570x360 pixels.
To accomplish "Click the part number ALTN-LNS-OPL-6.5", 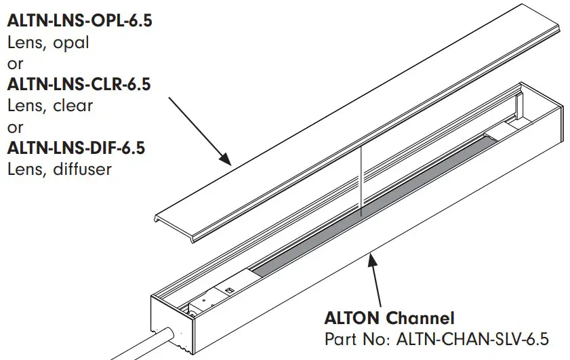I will coord(79,21).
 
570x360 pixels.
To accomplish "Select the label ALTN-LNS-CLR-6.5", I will coord(79,85).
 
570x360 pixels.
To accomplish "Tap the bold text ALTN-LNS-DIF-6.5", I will coord(76,148).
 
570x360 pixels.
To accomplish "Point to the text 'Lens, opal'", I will coord(48,42).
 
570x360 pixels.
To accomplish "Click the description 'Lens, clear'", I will coord(50,106).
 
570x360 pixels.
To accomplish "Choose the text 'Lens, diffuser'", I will coord(59,169).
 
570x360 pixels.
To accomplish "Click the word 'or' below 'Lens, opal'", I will coord(15,64).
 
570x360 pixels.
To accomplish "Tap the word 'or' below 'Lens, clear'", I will coord(15,127).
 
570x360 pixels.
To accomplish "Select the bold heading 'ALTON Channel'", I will coord(389,317).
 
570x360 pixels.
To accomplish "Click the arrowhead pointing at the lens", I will coord(226,159).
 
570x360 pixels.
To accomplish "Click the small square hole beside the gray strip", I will coord(228,290).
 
